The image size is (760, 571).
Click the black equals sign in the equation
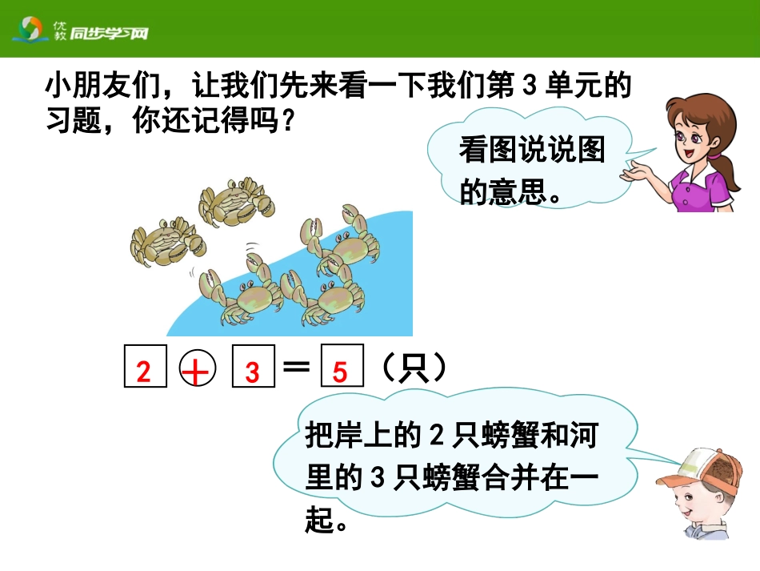pos(296,367)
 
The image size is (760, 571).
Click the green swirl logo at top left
pos(30,30)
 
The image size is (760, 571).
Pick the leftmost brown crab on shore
pos(165,241)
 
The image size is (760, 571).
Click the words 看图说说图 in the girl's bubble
pos(531,150)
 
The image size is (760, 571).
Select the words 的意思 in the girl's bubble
pos(501,191)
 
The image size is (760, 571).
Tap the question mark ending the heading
pos(290,123)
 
